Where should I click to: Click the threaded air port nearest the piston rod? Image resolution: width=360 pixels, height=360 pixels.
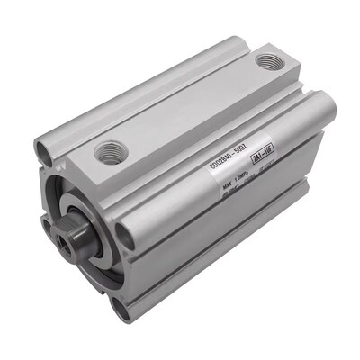click(x=111, y=150)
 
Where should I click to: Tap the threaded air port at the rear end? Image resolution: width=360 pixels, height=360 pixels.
click(x=268, y=61)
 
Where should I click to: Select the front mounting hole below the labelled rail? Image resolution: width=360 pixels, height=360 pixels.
click(x=123, y=237)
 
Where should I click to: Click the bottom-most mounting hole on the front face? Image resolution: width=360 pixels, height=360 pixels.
click(x=119, y=307)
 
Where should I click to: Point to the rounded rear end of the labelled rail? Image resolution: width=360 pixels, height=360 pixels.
click(x=324, y=106)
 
